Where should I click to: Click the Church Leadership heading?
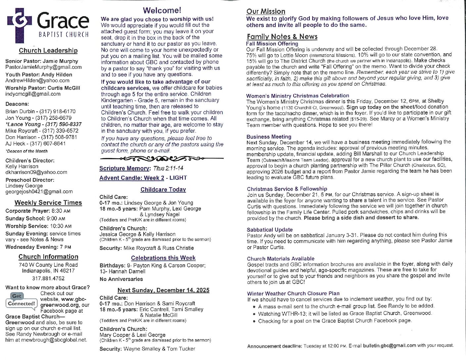pyautogui.click(x=48, y=51)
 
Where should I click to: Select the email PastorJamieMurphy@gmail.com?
pyautogui.click(x=43, y=67)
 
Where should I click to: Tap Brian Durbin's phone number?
pyautogui.click(x=58, y=112)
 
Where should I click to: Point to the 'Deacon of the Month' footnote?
pyautogui.click(x=26, y=151)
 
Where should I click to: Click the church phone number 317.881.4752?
pyautogui.click(x=48, y=279)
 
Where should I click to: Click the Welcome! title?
pyautogui.click(x=162, y=11)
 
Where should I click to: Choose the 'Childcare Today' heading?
pyautogui.click(x=163, y=190)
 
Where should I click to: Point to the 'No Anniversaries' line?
pyautogui.click(x=121, y=279)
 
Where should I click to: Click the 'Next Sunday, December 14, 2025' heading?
pyautogui.click(x=163, y=290)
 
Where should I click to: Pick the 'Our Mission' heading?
pyautogui.click(x=266, y=12)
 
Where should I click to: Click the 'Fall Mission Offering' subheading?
pyautogui.click(x=272, y=44)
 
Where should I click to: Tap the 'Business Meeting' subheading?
pyautogui.click(x=269, y=137)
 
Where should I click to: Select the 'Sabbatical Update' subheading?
pyautogui.click(x=270, y=230)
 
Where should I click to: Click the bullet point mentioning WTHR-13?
pyautogui.click(x=345, y=313)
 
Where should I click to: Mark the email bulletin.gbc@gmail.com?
pyautogui.click(x=390, y=345)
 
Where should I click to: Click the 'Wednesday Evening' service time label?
pyautogui.click(x=31, y=247)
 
